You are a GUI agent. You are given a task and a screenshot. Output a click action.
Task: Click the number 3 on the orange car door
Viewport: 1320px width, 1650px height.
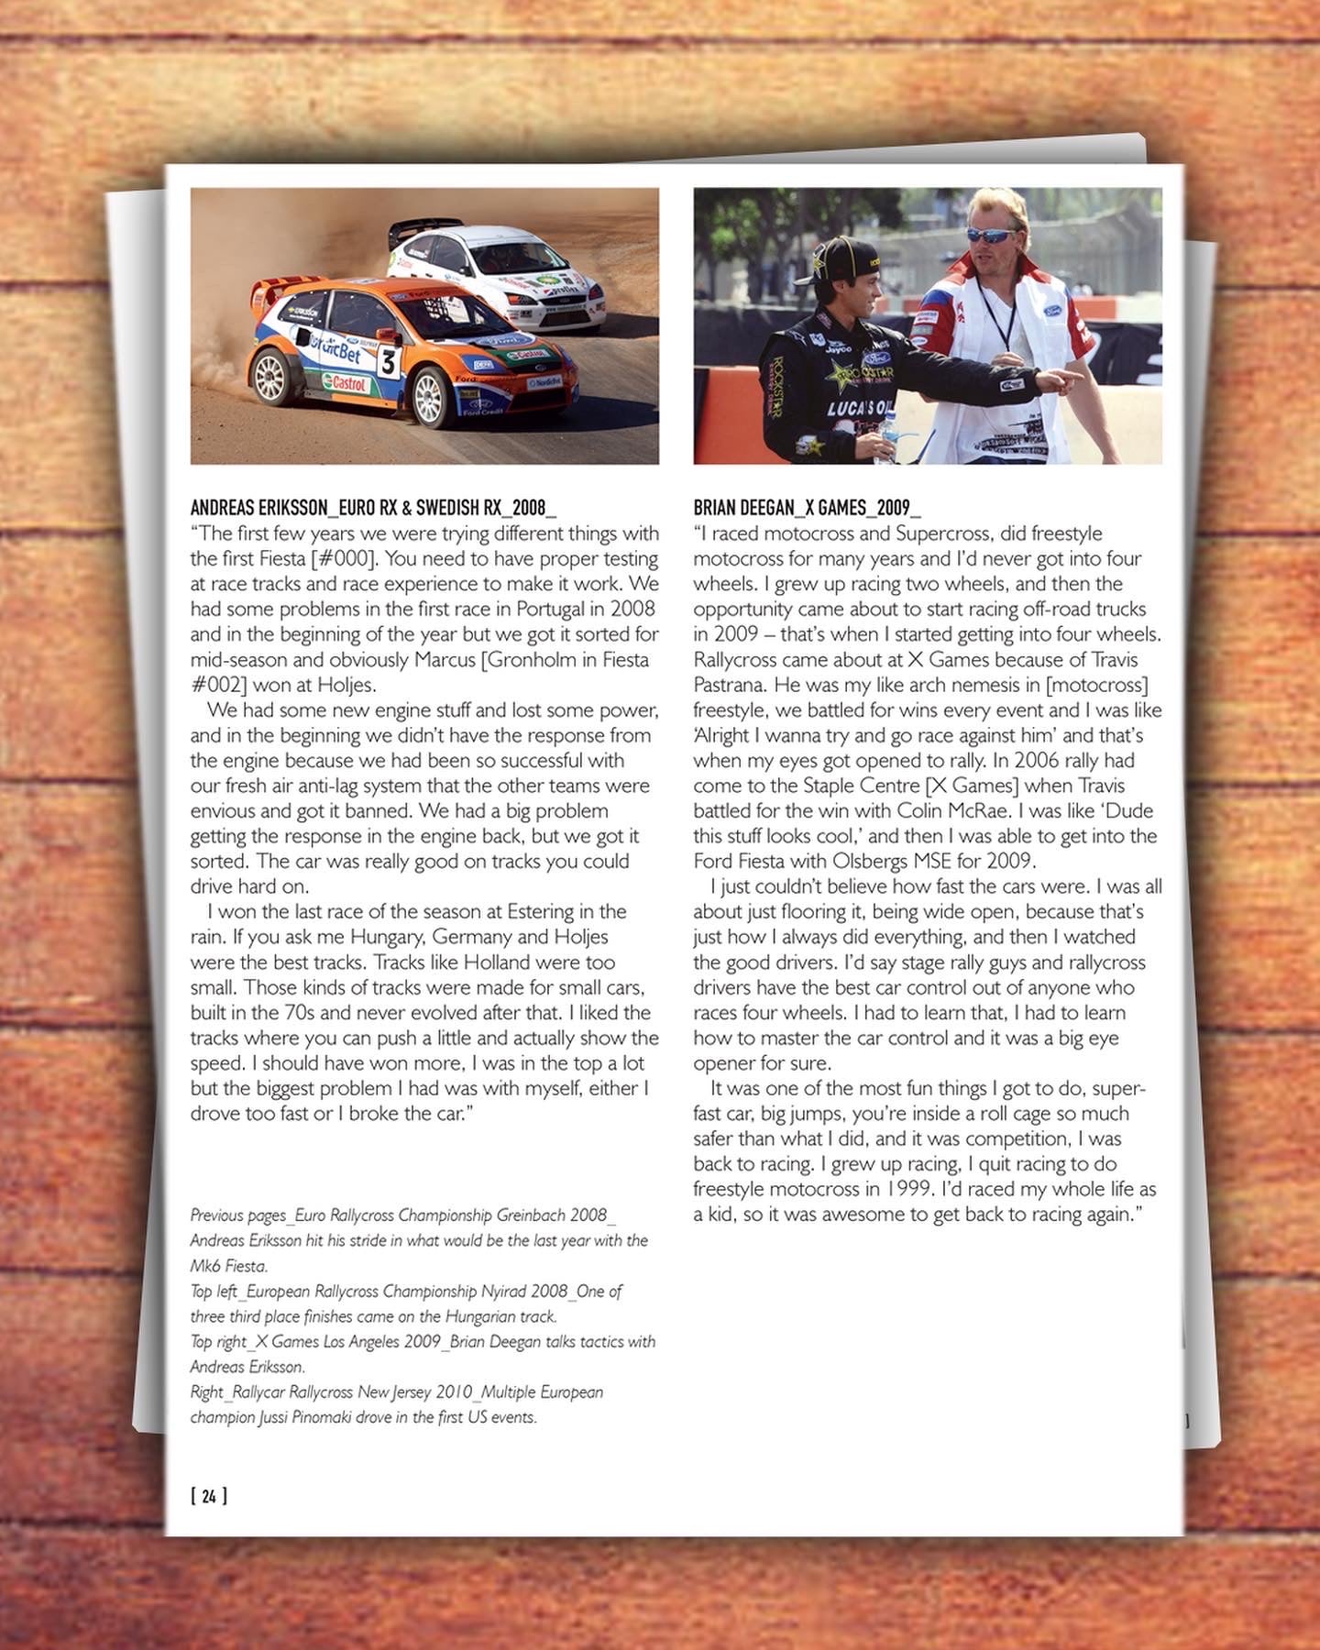389,363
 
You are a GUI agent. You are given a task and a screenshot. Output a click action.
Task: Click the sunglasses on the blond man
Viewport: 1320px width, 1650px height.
991,235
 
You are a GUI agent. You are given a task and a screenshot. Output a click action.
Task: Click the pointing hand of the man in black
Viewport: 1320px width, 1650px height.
1062,379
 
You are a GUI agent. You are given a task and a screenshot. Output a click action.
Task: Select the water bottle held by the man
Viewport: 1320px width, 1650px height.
886,437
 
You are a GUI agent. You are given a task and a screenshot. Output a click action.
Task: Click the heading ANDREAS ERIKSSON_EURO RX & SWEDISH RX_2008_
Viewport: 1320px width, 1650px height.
373,508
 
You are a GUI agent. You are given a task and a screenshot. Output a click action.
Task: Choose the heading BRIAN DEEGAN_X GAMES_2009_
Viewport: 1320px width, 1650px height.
807,508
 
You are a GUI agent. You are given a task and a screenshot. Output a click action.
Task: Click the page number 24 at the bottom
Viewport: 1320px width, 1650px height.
209,1496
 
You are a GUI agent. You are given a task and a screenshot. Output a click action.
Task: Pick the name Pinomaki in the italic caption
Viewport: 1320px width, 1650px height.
335,1417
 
